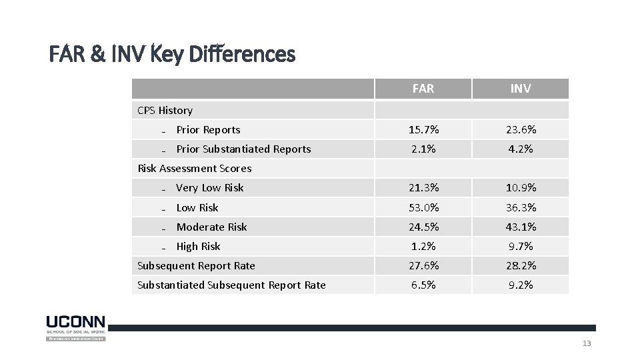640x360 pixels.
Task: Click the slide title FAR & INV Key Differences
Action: (x=172, y=54)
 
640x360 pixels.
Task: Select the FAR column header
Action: (x=423, y=89)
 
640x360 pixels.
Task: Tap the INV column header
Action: (x=521, y=89)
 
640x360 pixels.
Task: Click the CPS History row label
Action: (x=165, y=111)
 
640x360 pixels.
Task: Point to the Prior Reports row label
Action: (x=208, y=130)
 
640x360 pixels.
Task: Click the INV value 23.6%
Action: (x=521, y=130)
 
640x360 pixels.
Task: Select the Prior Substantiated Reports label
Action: (x=243, y=149)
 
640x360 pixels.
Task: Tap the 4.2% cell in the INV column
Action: (x=521, y=149)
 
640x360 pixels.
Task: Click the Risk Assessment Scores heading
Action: (x=194, y=169)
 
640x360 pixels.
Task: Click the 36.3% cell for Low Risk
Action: (x=521, y=208)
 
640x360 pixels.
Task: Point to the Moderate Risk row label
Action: (x=211, y=227)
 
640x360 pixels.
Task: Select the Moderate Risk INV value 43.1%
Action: (x=521, y=227)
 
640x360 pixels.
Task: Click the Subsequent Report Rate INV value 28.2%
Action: (x=521, y=266)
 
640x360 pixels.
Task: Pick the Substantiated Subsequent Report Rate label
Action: (x=231, y=285)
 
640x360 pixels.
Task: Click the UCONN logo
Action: (x=75, y=327)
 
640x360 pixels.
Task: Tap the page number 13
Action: (x=587, y=343)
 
